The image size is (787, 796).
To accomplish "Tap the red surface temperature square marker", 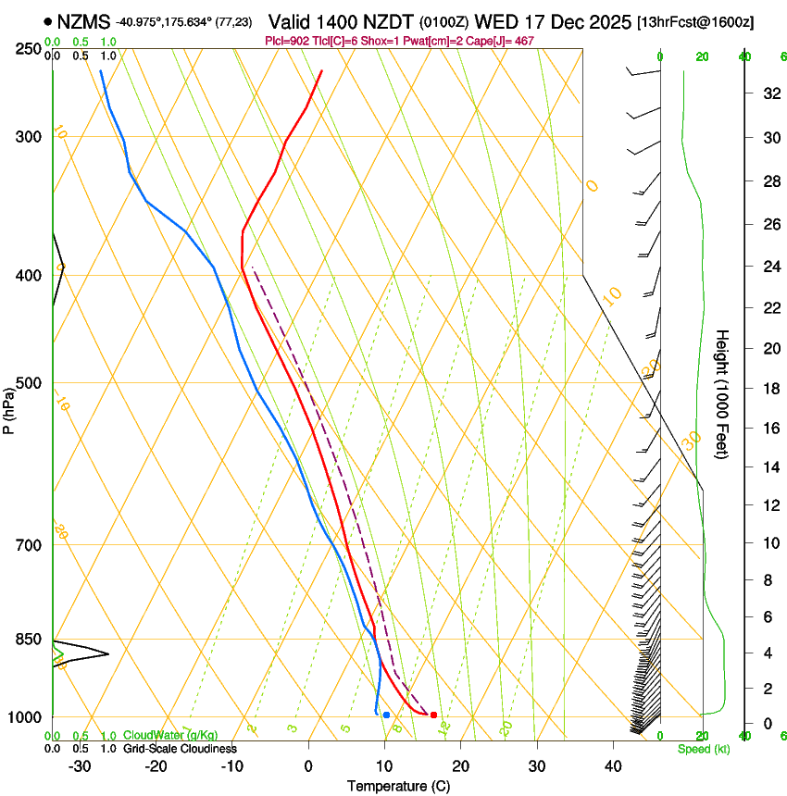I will (433, 715).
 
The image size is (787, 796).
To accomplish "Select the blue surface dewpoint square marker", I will (386, 715).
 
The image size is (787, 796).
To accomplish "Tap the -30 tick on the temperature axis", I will (80, 765).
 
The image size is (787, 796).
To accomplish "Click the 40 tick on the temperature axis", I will (613, 765).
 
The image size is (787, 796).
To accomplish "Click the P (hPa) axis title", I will (8, 406).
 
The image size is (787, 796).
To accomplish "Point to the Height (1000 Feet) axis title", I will (723, 394).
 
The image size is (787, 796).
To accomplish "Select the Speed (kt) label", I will (704, 749).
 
